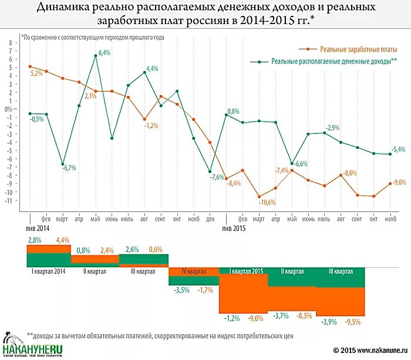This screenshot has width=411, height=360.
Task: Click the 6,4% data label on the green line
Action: click(105, 53)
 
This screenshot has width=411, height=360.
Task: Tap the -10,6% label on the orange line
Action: click(267, 203)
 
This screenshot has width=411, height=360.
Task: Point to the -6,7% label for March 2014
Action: click(69, 168)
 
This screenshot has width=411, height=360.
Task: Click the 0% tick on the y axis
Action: click(9, 109)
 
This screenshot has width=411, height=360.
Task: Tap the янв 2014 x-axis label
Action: click(37, 227)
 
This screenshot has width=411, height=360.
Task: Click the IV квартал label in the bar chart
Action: click(193, 271)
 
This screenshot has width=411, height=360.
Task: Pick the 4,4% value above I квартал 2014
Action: click(63, 240)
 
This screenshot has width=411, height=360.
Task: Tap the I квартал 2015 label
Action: click(242, 271)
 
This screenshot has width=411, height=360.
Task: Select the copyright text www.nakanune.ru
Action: click(376, 351)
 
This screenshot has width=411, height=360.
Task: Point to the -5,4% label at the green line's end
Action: click(399, 149)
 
